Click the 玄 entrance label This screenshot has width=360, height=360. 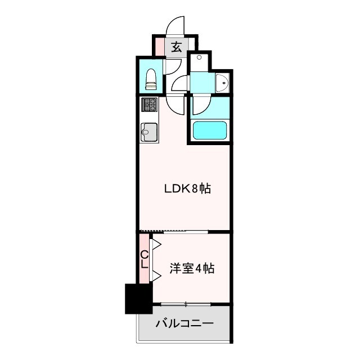click(176, 47)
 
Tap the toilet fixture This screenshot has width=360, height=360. click(150, 79)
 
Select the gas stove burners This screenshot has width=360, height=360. click(150, 105)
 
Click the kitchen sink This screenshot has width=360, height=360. click(150, 132)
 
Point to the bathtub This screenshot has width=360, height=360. click(210, 130)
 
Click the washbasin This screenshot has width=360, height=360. click(223, 83)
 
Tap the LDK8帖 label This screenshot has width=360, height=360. click(187, 189)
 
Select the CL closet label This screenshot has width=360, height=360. click(145, 259)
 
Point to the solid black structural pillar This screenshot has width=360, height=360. click(138, 299)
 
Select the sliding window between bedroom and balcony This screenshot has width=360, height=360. click(186, 304)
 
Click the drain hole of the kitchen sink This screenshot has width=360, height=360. click(145, 133)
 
